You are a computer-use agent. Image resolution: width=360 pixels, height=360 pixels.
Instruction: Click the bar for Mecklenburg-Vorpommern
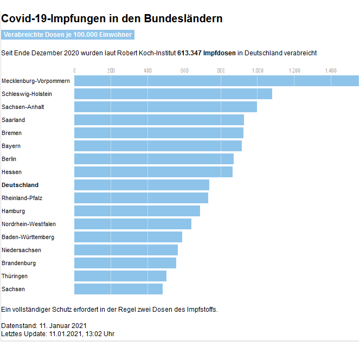[216, 81]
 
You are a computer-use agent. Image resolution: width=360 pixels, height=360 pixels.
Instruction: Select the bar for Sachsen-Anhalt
[165, 107]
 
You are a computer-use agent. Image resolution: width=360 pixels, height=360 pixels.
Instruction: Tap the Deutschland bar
[142, 185]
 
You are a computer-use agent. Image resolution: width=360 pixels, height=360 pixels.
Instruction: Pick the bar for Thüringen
[120, 276]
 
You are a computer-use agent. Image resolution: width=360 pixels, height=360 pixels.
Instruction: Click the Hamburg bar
[137, 211]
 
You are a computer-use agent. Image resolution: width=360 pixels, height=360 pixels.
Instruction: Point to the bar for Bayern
[158, 146]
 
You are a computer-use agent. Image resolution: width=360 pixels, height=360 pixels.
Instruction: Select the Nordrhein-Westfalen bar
[133, 224]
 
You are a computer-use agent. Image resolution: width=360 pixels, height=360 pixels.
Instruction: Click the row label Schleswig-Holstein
[27, 94]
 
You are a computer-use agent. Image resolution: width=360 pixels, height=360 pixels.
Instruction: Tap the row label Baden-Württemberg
[28, 237]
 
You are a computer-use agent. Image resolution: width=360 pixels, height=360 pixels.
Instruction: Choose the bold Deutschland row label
[20, 185]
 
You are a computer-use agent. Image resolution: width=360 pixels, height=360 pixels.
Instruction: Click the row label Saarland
[14, 120]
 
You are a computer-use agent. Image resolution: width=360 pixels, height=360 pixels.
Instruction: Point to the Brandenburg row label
[19, 263]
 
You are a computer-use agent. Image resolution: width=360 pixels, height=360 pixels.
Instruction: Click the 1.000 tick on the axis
[258, 70]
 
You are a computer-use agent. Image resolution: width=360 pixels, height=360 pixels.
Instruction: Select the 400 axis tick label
[147, 70]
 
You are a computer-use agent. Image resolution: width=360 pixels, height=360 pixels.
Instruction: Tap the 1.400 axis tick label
[331, 70]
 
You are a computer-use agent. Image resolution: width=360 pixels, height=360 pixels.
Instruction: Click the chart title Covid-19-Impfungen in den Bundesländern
[112, 19]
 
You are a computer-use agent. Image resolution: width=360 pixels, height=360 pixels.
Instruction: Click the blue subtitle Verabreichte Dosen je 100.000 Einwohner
[67, 35]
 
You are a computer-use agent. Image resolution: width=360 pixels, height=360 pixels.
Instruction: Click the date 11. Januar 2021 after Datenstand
[63, 326]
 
